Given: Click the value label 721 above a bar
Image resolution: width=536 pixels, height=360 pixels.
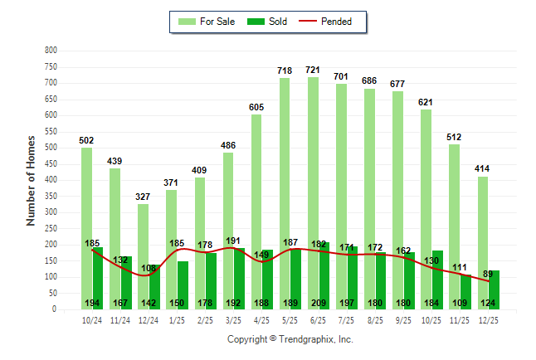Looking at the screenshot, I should (x=313, y=71).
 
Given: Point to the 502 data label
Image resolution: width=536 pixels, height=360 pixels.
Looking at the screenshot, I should (x=86, y=141).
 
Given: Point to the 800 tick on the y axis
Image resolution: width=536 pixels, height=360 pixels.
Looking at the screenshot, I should (x=51, y=51).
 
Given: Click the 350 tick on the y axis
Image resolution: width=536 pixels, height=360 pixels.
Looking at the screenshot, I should (x=51, y=197).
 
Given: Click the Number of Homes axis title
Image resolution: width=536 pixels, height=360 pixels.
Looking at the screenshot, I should (x=31, y=180).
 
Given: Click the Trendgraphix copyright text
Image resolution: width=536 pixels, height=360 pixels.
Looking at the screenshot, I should (x=290, y=339).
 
